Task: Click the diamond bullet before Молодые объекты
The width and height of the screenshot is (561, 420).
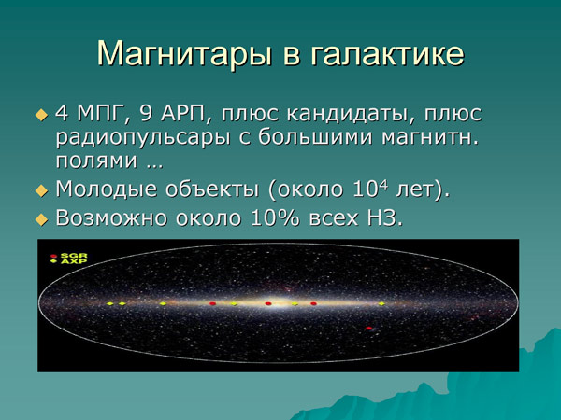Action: (x=41, y=190)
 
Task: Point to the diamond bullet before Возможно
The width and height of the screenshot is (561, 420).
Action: (x=41, y=220)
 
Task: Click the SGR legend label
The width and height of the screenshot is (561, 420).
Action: (x=72, y=255)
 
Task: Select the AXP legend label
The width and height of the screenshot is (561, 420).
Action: (x=72, y=263)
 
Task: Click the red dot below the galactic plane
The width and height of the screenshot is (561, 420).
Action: (x=369, y=328)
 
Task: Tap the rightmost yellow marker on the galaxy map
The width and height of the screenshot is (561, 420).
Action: (x=381, y=304)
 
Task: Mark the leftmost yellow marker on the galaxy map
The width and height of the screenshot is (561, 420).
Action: (x=109, y=304)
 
